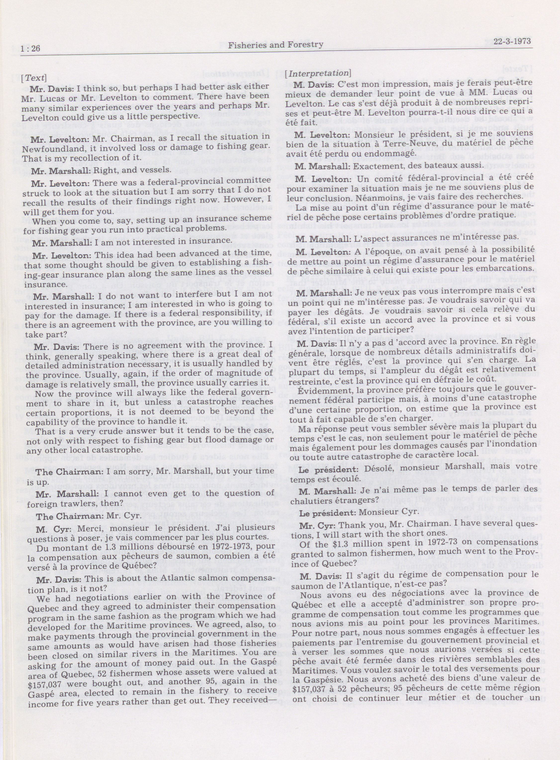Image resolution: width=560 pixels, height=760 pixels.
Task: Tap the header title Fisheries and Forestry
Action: [x=276, y=45]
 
